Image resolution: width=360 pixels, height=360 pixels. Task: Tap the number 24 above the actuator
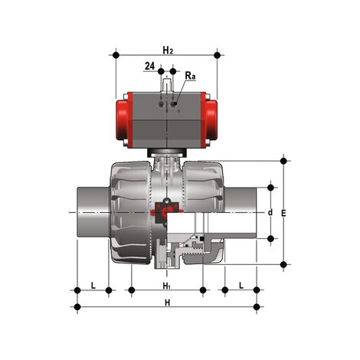tap(149, 67)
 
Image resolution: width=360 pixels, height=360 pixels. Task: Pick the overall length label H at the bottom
tap(166, 301)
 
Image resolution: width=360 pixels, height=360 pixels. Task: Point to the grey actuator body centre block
tap(166, 119)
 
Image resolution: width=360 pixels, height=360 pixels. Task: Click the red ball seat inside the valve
tap(165, 208)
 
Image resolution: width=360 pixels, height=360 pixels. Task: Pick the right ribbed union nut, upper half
tap(204, 184)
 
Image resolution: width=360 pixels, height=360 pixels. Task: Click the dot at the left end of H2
tap(116, 54)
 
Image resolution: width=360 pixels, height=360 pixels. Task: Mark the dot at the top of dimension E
tap(285, 161)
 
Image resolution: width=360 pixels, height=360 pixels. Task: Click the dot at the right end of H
tap(257, 307)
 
